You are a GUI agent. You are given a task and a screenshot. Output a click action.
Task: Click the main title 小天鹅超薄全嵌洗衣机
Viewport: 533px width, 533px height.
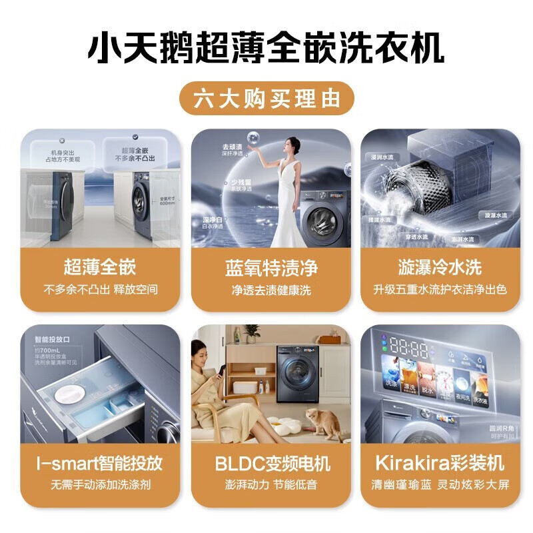pyautogui.click(x=266, y=49)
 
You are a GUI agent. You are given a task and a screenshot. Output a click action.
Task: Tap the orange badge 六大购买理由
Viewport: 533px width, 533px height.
pyautogui.click(x=266, y=99)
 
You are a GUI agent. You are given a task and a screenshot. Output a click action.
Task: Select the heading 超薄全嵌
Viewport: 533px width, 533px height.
pyautogui.click(x=100, y=268)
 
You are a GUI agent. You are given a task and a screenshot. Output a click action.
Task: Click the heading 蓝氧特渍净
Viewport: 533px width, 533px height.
pyautogui.click(x=271, y=268)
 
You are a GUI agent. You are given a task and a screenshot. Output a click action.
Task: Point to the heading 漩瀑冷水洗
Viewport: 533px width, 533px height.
pyautogui.click(x=440, y=268)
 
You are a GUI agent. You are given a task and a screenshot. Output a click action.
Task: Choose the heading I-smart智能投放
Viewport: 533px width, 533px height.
pyautogui.click(x=100, y=463)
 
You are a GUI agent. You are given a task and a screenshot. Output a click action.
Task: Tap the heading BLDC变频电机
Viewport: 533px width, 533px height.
pyautogui.click(x=271, y=463)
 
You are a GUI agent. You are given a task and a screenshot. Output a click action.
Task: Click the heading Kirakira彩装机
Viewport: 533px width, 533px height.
pyautogui.click(x=440, y=463)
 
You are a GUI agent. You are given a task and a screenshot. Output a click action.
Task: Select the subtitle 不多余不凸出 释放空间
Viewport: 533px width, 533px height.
pyautogui.click(x=100, y=290)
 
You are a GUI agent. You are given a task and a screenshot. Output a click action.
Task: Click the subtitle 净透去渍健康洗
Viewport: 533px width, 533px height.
pyautogui.click(x=271, y=290)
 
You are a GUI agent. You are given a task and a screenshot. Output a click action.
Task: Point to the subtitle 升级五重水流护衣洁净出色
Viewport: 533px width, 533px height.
pyautogui.click(x=440, y=290)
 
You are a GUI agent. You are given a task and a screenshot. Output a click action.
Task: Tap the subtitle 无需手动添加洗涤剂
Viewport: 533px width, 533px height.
pyautogui.click(x=100, y=484)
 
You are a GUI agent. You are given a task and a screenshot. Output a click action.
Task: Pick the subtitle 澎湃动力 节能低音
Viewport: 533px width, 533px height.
pyautogui.click(x=271, y=484)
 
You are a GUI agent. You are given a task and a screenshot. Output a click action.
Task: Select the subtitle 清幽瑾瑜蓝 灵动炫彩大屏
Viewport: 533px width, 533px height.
pyautogui.click(x=440, y=484)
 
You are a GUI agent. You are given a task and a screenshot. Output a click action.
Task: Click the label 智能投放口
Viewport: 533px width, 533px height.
pyautogui.click(x=52, y=339)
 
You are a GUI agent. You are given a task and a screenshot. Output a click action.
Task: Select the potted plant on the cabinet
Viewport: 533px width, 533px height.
pyautogui.click(x=252, y=332)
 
